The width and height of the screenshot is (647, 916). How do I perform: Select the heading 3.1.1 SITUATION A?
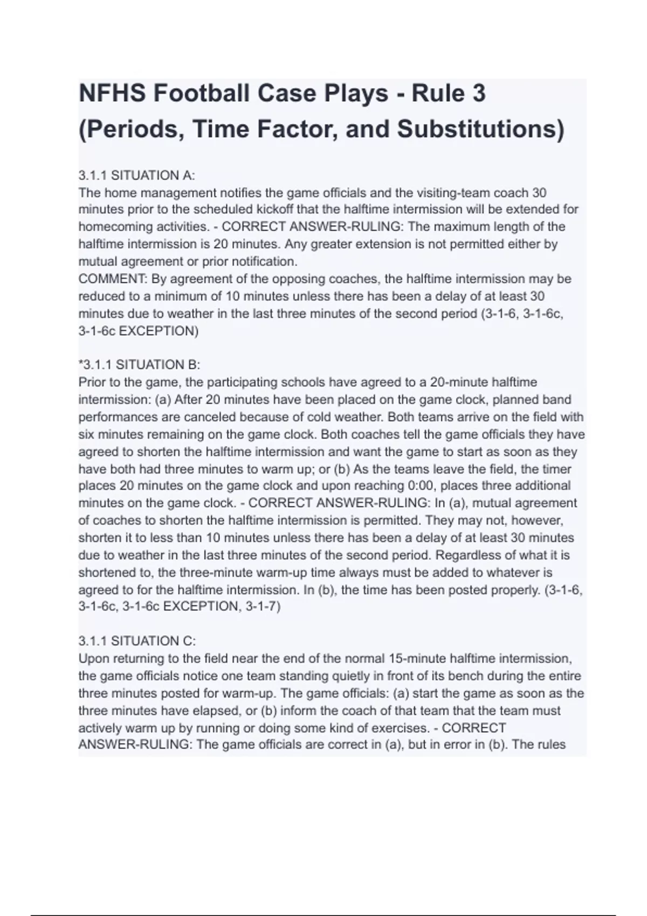point(136,175)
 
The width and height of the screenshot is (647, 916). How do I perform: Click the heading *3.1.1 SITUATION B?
point(139,365)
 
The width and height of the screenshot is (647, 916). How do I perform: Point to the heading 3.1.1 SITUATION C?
point(137,641)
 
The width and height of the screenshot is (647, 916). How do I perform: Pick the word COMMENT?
point(113,279)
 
